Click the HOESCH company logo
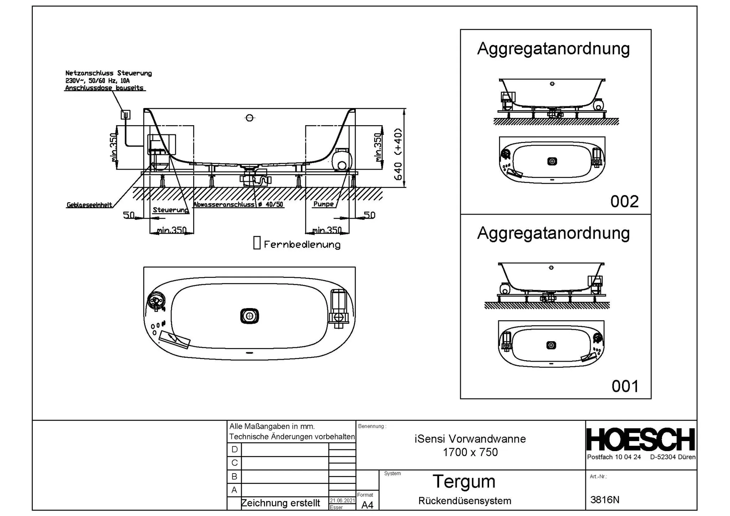(x=641, y=440)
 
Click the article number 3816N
(x=605, y=500)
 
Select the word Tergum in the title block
(x=464, y=481)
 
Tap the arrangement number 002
(x=624, y=201)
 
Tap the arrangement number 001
(x=625, y=386)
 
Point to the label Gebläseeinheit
(x=89, y=205)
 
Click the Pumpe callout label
(x=323, y=204)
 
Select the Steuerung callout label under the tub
(x=170, y=210)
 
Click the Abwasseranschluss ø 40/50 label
(x=238, y=204)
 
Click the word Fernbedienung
(x=302, y=245)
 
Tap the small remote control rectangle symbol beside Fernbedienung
(x=257, y=242)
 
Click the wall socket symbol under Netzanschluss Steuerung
(x=125, y=114)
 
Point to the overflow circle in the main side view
(x=250, y=118)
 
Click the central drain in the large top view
(x=250, y=316)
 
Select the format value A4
(x=367, y=505)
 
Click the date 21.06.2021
(x=342, y=501)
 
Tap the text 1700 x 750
(x=470, y=452)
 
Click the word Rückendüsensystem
(x=464, y=501)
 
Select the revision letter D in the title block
(x=234, y=449)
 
